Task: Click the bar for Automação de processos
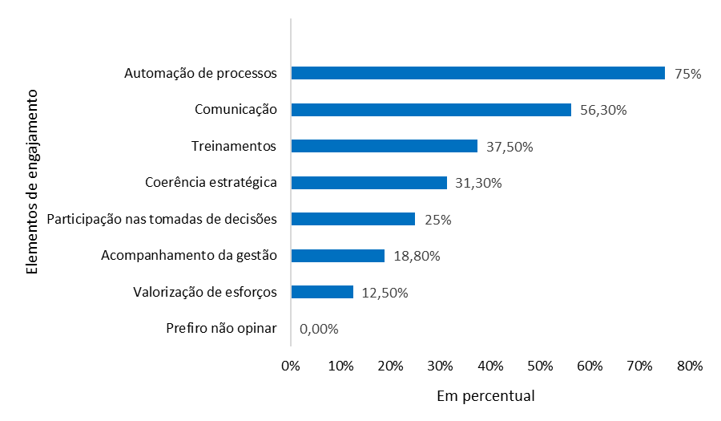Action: tap(477, 73)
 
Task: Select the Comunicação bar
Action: tap(431, 110)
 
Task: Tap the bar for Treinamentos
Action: tap(384, 146)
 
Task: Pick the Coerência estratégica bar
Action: tap(369, 183)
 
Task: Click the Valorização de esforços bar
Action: tap(322, 292)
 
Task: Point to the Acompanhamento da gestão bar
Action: tap(337, 256)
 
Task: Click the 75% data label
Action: tap(688, 74)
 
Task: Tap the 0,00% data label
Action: tap(319, 329)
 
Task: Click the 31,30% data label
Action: tap(478, 184)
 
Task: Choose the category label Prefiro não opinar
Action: tap(221, 328)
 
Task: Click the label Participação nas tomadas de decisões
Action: tap(163, 219)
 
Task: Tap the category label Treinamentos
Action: tap(234, 146)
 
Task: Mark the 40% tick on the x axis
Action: tap(489, 366)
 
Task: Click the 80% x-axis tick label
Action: tap(689, 366)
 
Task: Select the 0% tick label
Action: tap(291, 366)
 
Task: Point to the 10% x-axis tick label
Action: tap(340, 366)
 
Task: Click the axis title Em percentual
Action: tap(485, 396)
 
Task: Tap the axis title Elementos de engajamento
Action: tap(32, 182)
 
